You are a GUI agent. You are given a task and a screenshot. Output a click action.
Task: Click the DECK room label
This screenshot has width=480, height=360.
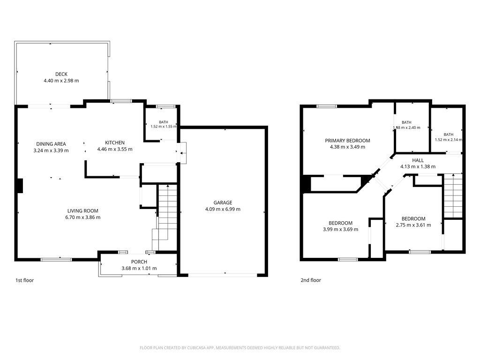pos(61,74)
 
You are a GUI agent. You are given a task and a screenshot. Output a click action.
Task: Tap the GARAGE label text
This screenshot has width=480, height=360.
pos(223,202)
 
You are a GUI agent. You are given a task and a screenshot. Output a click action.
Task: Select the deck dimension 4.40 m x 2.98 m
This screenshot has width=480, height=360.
pos(61,81)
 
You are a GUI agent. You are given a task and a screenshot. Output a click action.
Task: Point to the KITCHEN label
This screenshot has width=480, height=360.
pos(115,142)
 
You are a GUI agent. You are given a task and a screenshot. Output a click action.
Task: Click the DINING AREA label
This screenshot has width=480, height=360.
pos(51,144)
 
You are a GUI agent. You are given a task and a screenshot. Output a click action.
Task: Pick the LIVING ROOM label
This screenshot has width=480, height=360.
pos(83,211)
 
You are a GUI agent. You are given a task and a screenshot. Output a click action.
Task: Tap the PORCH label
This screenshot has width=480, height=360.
pos(139,262)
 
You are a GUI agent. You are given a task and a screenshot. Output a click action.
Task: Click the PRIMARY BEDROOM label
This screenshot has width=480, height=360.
pos(347,141)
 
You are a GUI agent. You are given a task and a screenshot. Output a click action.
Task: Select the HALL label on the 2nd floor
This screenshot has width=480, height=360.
pos(418,160)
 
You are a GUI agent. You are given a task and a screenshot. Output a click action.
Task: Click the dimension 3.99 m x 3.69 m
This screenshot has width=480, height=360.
pos(340,229)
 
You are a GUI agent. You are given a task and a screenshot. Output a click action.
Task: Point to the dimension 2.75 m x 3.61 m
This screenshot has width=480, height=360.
pos(413,225)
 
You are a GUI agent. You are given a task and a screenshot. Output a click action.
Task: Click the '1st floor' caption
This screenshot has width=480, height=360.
pos(24,280)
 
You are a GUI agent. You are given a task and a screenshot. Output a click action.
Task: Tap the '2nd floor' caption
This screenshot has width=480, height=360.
pos(311,280)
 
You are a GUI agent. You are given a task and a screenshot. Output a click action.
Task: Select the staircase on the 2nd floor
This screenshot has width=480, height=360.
pos(453,195)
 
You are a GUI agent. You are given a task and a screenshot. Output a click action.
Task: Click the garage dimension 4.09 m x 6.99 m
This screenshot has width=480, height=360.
pos(223,210)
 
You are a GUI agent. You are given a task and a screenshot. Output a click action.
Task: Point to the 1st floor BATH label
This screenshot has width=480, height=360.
pos(164,122)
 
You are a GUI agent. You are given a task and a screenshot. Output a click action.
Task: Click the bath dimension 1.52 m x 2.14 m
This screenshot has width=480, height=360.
pos(449,140)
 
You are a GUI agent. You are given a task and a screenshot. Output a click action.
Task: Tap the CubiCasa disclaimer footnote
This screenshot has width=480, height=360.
pos(240,348)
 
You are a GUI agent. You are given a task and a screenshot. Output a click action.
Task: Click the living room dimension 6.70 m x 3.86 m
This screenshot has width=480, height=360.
pos(83,217)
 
